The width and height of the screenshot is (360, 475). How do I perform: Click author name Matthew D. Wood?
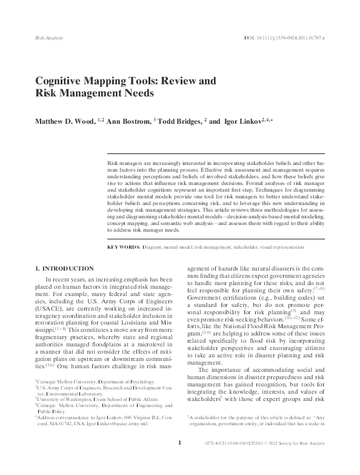pos(64,121)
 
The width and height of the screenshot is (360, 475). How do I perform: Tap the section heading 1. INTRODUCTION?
pos(64,269)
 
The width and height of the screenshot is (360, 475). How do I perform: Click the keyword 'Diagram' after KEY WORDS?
pos(152,248)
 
